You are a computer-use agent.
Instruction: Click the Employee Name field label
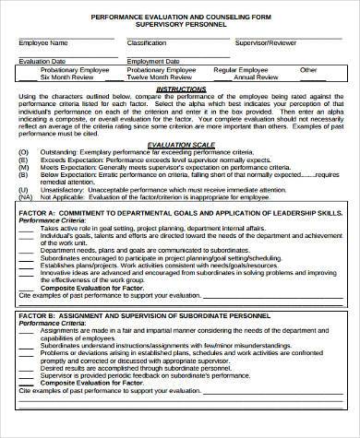click(x=43, y=43)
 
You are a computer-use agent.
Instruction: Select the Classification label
click(x=147, y=43)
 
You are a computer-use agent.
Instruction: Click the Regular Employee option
click(x=242, y=70)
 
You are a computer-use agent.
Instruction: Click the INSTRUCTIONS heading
click(x=181, y=88)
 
